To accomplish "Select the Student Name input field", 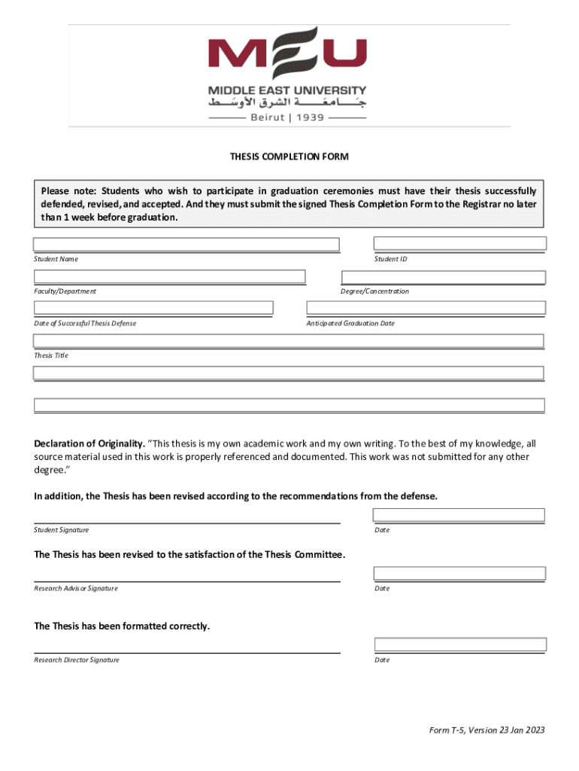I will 186,245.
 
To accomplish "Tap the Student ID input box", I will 459,243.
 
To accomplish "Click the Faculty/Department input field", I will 169,277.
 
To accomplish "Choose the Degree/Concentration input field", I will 443,277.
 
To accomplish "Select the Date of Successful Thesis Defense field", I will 153,308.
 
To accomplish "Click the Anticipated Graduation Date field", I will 426,308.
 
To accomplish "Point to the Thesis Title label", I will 51,355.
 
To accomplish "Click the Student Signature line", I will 186,521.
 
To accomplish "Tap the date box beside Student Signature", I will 459,515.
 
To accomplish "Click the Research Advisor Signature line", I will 186,580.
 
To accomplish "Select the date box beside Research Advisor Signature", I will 459,574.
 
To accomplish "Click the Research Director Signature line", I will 186,651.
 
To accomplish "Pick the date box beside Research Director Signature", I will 459,645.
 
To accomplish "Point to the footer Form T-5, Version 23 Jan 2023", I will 487,730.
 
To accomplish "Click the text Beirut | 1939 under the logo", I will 287,117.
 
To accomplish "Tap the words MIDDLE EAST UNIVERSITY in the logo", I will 287,90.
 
